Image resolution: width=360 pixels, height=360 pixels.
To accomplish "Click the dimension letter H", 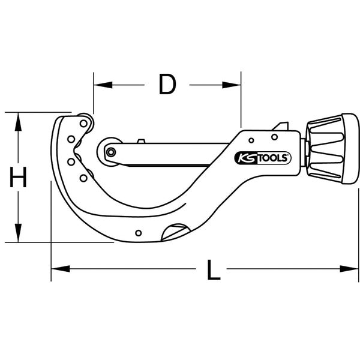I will [19, 178].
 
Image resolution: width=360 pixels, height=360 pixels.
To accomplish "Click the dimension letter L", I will [211, 271].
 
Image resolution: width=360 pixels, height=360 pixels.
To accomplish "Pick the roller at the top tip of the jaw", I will [85, 123].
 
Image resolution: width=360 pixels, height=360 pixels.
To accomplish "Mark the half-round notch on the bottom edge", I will [176, 232].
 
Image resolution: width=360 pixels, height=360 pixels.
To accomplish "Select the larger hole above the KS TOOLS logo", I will [274, 137].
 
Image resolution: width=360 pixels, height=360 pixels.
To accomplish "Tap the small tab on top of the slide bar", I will [140, 142].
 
